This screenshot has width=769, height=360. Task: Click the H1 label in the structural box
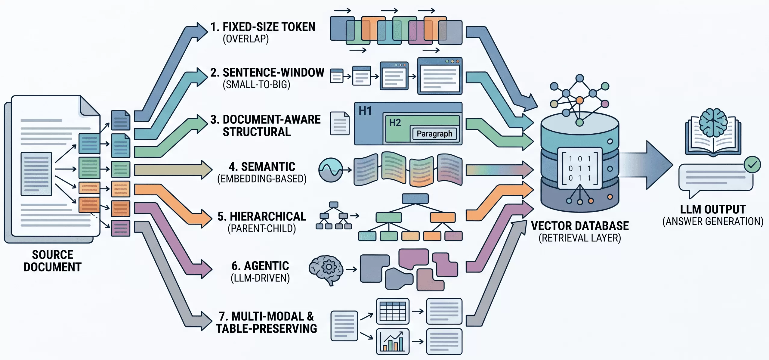(365, 111)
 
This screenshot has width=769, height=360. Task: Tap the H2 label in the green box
(395, 123)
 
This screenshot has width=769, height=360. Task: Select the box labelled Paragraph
(434, 134)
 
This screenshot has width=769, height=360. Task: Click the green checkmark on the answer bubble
(752, 165)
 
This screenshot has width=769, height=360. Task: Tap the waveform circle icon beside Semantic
(331, 170)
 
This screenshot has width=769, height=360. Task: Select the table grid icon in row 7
(393, 311)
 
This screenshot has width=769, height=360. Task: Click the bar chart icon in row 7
(393, 342)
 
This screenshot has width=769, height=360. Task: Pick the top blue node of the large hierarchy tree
(415, 199)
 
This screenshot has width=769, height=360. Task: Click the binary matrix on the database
(580, 168)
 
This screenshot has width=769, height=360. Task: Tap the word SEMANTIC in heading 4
(268, 167)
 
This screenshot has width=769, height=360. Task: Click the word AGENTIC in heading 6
(267, 266)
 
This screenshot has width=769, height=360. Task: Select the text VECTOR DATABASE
(580, 226)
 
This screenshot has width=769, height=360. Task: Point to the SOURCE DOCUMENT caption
(53, 261)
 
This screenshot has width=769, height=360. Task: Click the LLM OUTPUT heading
(713, 209)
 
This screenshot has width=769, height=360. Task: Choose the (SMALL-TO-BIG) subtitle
(257, 85)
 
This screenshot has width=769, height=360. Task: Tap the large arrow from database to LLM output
(647, 165)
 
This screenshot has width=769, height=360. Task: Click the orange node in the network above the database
(579, 100)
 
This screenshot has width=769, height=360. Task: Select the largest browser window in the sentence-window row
(440, 76)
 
